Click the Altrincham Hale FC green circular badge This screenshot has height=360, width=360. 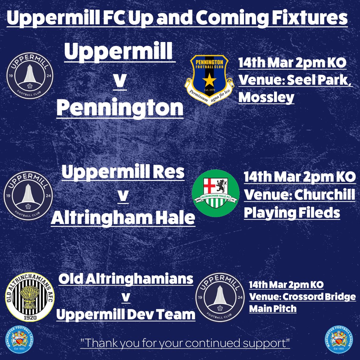point(216,193)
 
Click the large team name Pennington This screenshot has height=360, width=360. point(120,108)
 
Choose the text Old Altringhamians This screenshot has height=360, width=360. point(126,279)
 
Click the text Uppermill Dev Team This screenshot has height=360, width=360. point(126,314)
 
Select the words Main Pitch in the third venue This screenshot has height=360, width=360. point(273,309)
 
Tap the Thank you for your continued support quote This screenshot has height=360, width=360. point(185,343)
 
